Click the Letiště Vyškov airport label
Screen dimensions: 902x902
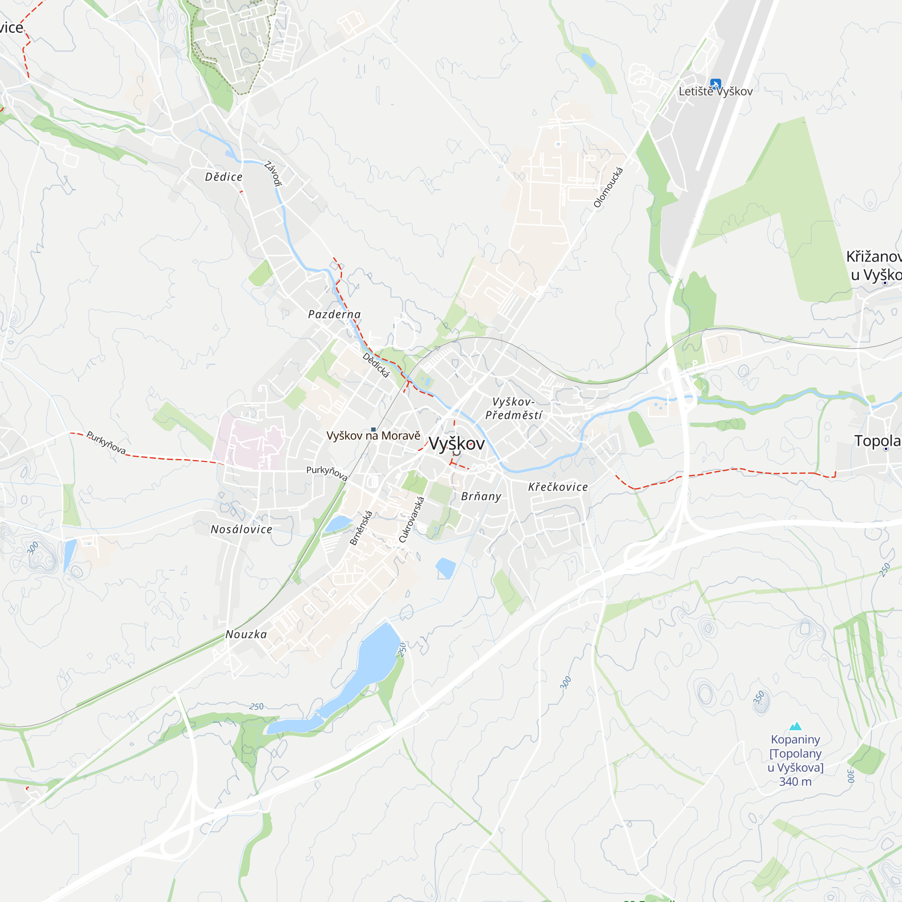(715, 92)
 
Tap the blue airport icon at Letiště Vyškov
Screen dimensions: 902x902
(715, 84)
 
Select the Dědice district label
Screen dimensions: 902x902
(224, 177)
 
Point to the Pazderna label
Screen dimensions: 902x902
(334, 314)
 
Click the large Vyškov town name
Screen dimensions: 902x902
(456, 443)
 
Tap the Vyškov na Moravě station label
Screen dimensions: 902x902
(373, 436)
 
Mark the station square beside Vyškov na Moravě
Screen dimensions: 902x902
(373, 429)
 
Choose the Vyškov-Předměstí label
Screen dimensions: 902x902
(514, 409)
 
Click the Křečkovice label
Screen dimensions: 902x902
(558, 487)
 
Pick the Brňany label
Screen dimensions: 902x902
(481, 496)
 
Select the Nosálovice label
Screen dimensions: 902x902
(241, 529)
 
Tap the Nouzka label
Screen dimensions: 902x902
(246, 634)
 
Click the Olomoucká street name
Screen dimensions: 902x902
(608, 188)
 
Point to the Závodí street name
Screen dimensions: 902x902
(274, 174)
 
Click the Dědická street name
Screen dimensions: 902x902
(376, 365)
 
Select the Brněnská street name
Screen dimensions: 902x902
(361, 528)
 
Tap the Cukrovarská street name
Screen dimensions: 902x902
(411, 520)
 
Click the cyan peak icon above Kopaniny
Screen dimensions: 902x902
(795, 726)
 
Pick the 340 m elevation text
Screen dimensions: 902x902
(795, 782)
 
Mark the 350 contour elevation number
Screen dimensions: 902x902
(759, 698)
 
